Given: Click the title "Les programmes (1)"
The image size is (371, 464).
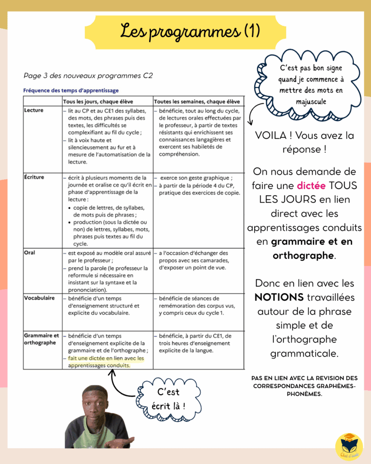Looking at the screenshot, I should [x=190, y=31].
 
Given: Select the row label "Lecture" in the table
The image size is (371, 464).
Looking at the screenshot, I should [x=34, y=110].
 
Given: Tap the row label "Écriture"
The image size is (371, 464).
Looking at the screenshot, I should [x=34, y=177].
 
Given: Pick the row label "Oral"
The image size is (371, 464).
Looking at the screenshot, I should [x=29, y=253].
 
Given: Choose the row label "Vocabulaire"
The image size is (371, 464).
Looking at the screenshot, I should [x=39, y=298].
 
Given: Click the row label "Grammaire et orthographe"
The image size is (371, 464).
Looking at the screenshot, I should [x=41, y=339].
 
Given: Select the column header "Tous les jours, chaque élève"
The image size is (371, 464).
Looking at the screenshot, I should [x=98, y=101].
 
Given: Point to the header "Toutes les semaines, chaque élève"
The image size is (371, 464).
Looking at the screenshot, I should [x=197, y=101].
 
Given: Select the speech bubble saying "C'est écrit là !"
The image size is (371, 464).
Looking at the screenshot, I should [x=169, y=399].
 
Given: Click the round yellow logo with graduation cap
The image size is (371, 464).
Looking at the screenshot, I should [x=349, y=446].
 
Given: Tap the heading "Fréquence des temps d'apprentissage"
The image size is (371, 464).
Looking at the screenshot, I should [x=71, y=90].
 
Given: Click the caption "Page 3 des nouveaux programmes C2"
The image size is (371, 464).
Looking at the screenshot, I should [x=88, y=76].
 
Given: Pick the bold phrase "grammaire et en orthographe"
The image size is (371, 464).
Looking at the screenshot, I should [x=304, y=248].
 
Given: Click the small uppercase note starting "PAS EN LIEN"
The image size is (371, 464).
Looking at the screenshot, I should [x=304, y=386].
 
